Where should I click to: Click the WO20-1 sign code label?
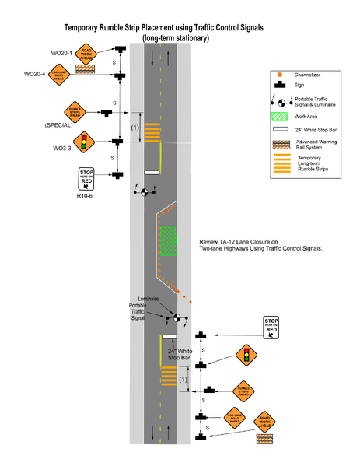tap(61, 53)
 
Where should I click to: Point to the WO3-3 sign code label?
tap(63, 146)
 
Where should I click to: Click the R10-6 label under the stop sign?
tap(85, 197)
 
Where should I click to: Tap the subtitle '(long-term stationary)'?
tap(174, 37)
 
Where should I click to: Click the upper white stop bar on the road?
tap(152, 172)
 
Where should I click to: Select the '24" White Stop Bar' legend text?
tap(320, 128)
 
